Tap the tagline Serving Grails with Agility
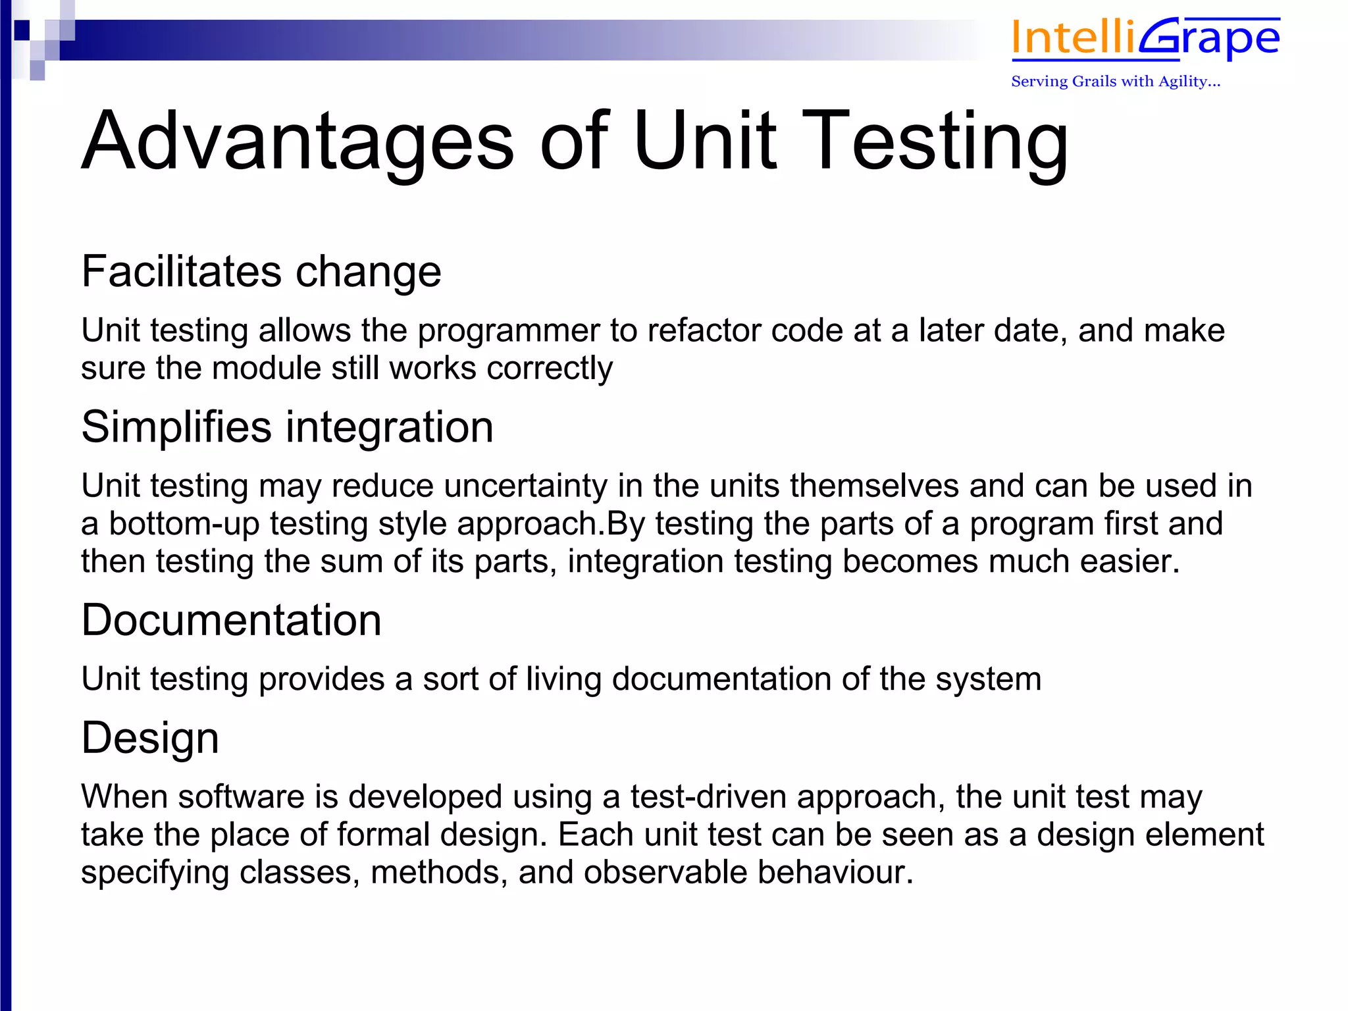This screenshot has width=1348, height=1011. (1115, 82)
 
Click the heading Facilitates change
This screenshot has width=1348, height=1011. (261, 271)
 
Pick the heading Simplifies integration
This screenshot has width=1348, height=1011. (287, 427)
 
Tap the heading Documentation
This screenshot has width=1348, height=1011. (231, 620)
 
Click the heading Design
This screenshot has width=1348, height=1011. (150, 737)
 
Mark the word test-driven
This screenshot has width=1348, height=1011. (708, 796)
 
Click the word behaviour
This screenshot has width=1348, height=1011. (835, 872)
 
